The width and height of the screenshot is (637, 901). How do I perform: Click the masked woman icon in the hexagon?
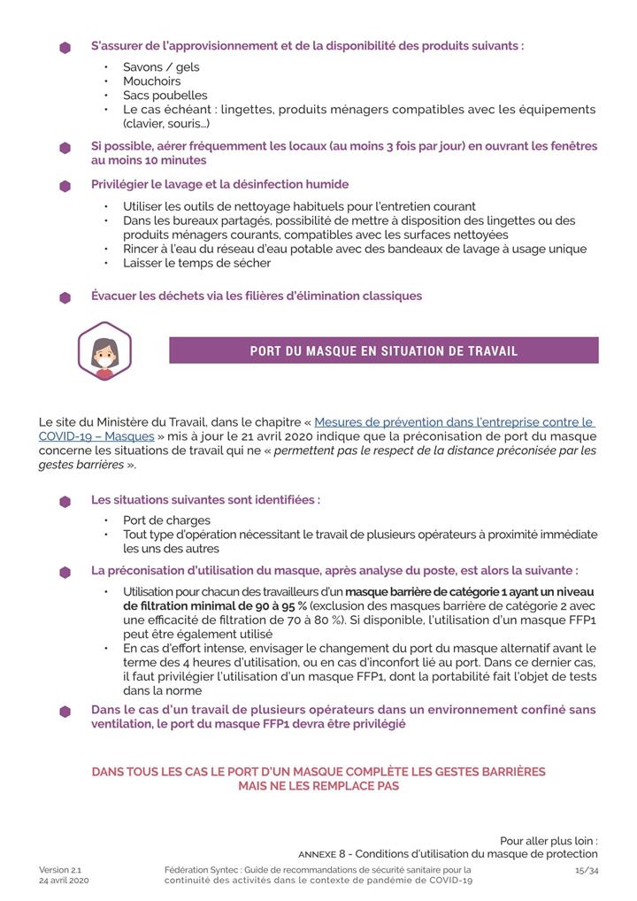104,351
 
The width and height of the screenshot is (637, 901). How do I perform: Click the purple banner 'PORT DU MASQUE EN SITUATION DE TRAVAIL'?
384,350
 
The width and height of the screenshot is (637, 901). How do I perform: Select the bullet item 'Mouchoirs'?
151,81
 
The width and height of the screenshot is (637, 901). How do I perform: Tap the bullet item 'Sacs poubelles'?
165,96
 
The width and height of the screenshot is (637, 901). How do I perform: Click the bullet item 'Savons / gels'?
161,67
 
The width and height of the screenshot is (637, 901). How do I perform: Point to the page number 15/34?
587,870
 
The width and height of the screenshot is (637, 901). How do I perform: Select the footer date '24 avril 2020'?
64,882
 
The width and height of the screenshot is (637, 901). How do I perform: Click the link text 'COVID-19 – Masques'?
96,436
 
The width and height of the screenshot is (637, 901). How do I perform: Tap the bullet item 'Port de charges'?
167,520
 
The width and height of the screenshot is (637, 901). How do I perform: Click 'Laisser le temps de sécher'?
196,263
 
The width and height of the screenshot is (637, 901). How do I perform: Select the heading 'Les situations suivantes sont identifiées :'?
205,500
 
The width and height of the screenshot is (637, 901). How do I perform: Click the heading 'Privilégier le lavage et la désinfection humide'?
219,185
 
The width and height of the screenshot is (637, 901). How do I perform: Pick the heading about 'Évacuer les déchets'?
257,296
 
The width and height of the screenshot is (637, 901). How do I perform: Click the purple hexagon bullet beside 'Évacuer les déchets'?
65,297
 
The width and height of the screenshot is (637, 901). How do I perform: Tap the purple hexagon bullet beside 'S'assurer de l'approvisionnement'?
65,48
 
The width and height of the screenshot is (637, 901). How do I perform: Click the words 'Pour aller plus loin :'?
549,841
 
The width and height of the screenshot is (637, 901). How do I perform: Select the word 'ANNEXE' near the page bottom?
318,855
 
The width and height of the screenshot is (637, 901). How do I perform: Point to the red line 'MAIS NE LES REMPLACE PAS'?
318,786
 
